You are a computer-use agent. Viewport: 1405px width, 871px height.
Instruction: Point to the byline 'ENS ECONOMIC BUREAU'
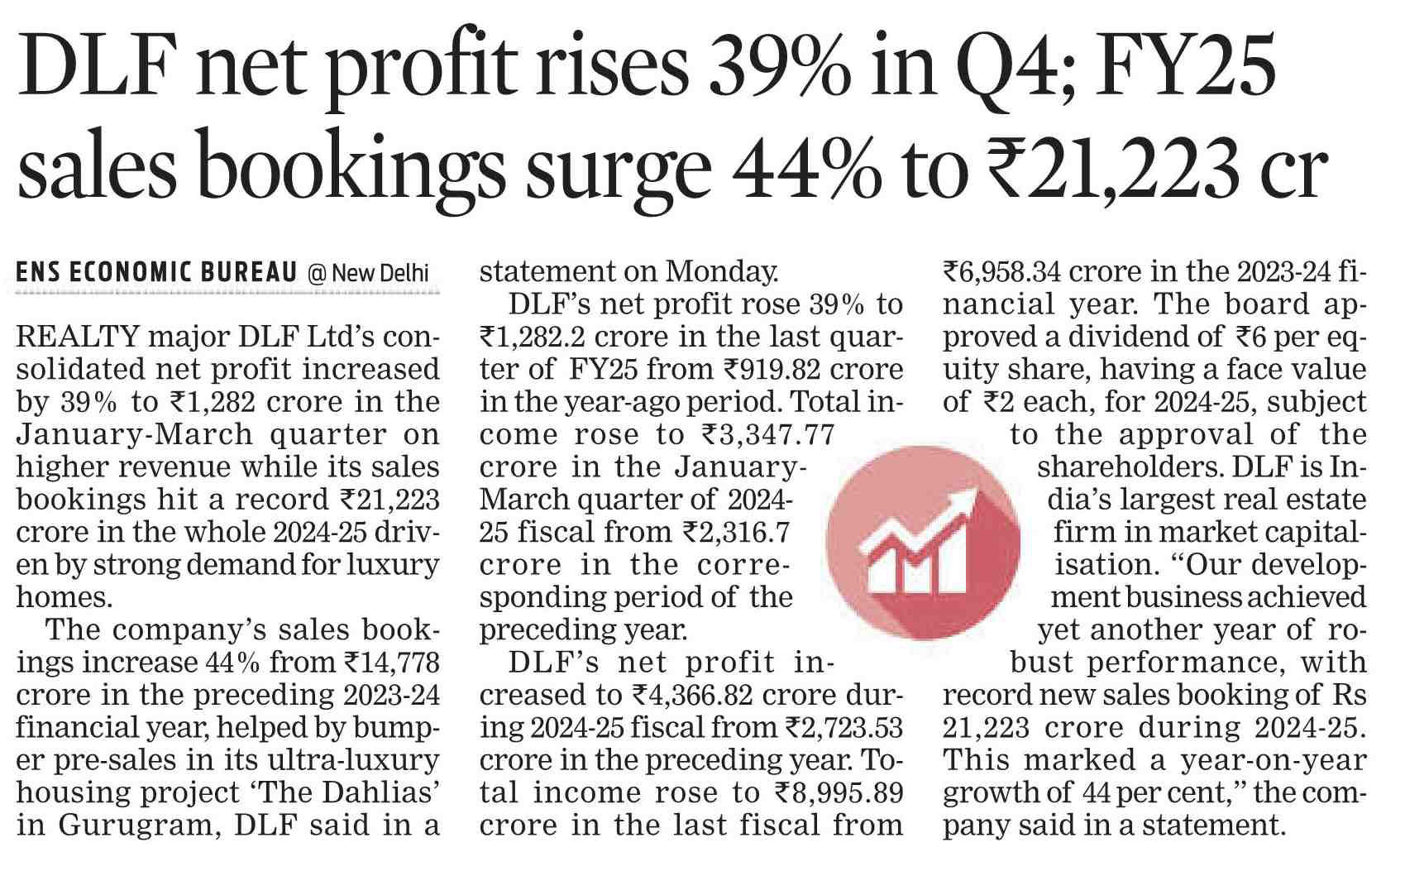coord(156,273)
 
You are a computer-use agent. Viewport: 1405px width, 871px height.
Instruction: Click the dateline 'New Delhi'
coord(380,273)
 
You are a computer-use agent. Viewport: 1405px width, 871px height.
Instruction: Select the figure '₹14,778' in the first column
coord(391,663)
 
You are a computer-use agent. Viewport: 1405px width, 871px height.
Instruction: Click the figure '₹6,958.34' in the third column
coord(1002,271)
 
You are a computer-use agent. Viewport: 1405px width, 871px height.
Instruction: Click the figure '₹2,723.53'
coord(843,728)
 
